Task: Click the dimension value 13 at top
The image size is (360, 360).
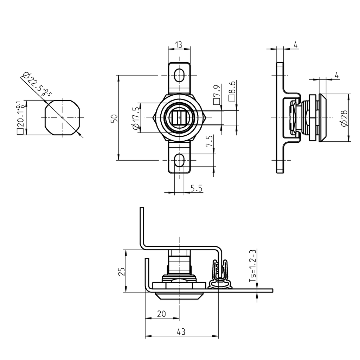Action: (x=179, y=44)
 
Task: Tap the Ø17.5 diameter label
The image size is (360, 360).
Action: (x=135, y=118)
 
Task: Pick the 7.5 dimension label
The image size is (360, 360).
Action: (x=210, y=141)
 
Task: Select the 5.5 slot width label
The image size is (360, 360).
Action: (x=196, y=188)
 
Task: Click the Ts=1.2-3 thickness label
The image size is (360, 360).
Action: (x=252, y=266)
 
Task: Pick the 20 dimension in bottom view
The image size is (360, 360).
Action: (x=161, y=314)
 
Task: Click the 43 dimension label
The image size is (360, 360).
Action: (x=181, y=332)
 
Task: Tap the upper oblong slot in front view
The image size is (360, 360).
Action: (x=179, y=75)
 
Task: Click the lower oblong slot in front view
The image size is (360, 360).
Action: (x=179, y=160)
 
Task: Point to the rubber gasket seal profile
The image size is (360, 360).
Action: (x=220, y=276)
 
